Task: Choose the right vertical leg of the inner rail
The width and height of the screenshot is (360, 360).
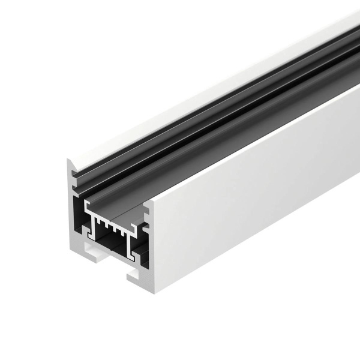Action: point(130,246)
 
